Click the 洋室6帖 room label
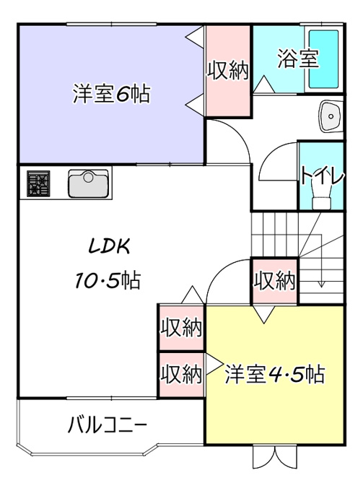[111, 93]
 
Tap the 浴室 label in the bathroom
[298, 58]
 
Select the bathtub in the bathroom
[323, 59]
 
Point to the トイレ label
[323, 176]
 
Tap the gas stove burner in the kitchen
[38, 184]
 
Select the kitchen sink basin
[89, 183]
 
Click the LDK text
[109, 246]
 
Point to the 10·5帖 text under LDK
[108, 279]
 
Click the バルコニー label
[108, 425]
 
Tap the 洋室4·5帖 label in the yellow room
[275, 373]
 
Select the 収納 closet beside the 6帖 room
[227, 71]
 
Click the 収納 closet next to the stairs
[274, 281]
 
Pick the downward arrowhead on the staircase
[321, 284]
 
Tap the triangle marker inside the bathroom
[264, 84]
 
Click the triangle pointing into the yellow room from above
[264, 314]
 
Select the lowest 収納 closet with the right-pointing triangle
[182, 375]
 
